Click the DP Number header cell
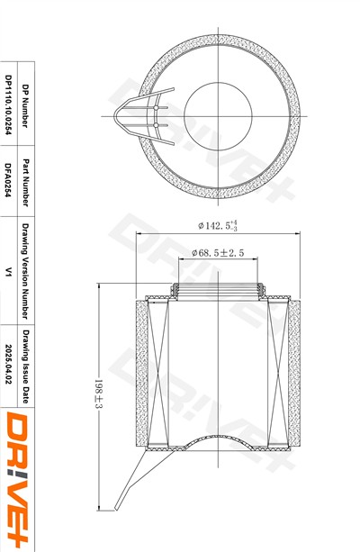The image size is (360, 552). coord(26,105)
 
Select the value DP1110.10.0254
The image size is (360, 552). coord(9,105)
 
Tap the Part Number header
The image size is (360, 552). coord(26,183)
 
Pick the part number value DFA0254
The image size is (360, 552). coord(9,180)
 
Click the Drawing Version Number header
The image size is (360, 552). coord(26,271)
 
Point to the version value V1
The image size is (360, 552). coord(9,271)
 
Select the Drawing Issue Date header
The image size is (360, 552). coord(26,366)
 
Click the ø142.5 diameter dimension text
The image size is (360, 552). coord(218,225)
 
